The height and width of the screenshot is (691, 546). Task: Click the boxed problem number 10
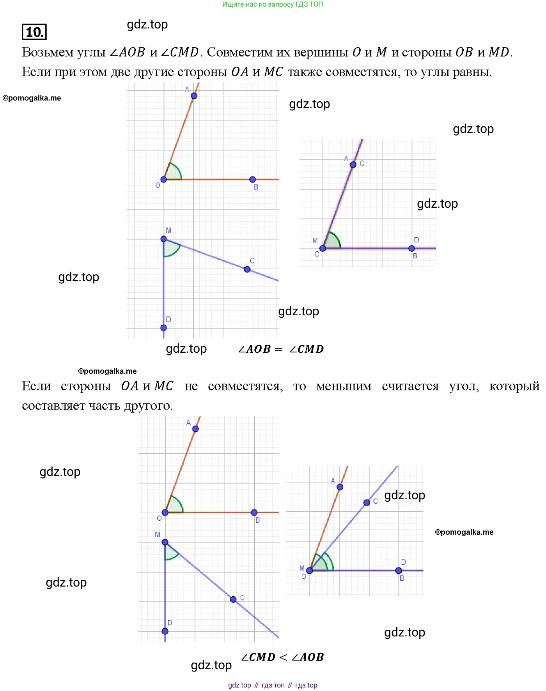[x=34, y=32]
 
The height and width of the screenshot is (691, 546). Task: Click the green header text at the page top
[x=272, y=4]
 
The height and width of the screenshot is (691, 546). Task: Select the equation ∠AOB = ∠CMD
[x=281, y=349]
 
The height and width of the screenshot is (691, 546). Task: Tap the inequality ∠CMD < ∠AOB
[x=282, y=657]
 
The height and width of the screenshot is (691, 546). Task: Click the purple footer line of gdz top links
[x=272, y=685]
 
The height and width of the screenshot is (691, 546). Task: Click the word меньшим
[x=344, y=386]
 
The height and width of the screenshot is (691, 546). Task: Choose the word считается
[x=410, y=386]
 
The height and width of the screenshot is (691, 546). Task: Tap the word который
[x=514, y=386]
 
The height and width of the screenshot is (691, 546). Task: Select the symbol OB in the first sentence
[x=464, y=52]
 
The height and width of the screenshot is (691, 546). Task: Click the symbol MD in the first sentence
[x=499, y=52]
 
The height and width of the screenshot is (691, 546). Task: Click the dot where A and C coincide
[x=353, y=165]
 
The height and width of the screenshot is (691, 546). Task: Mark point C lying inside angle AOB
[x=367, y=503]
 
